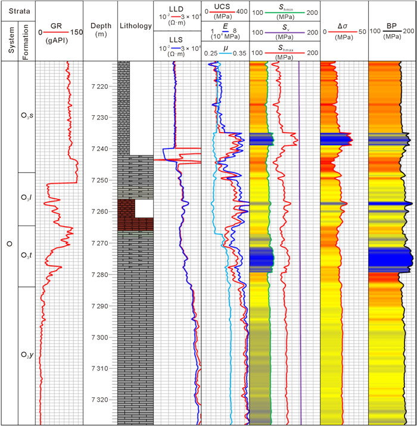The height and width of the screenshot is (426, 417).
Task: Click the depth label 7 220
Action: [x=100, y=87]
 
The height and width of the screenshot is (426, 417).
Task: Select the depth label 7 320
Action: [x=100, y=400]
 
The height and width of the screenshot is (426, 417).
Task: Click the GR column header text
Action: [x=58, y=26]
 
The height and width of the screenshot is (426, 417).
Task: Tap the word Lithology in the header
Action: [x=136, y=26]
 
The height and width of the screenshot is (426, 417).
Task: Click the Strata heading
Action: [x=18, y=10]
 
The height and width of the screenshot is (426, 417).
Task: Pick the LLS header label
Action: [x=178, y=38]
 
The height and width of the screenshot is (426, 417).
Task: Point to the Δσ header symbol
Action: [x=344, y=26]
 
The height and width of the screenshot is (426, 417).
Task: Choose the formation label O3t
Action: [x=27, y=255]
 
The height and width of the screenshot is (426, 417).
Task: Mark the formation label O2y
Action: [x=27, y=355]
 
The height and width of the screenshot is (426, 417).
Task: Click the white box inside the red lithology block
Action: [x=143, y=208]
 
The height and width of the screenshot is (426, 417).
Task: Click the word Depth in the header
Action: [x=100, y=26]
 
